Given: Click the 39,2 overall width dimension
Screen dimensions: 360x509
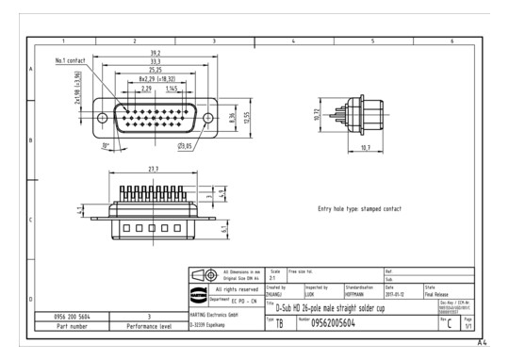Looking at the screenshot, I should click(x=155, y=54).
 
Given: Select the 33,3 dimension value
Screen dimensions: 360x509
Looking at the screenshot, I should click(x=155, y=61).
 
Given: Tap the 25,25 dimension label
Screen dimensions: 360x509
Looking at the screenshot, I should click(x=155, y=69).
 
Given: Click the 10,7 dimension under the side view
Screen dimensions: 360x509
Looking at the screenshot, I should click(x=367, y=147).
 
